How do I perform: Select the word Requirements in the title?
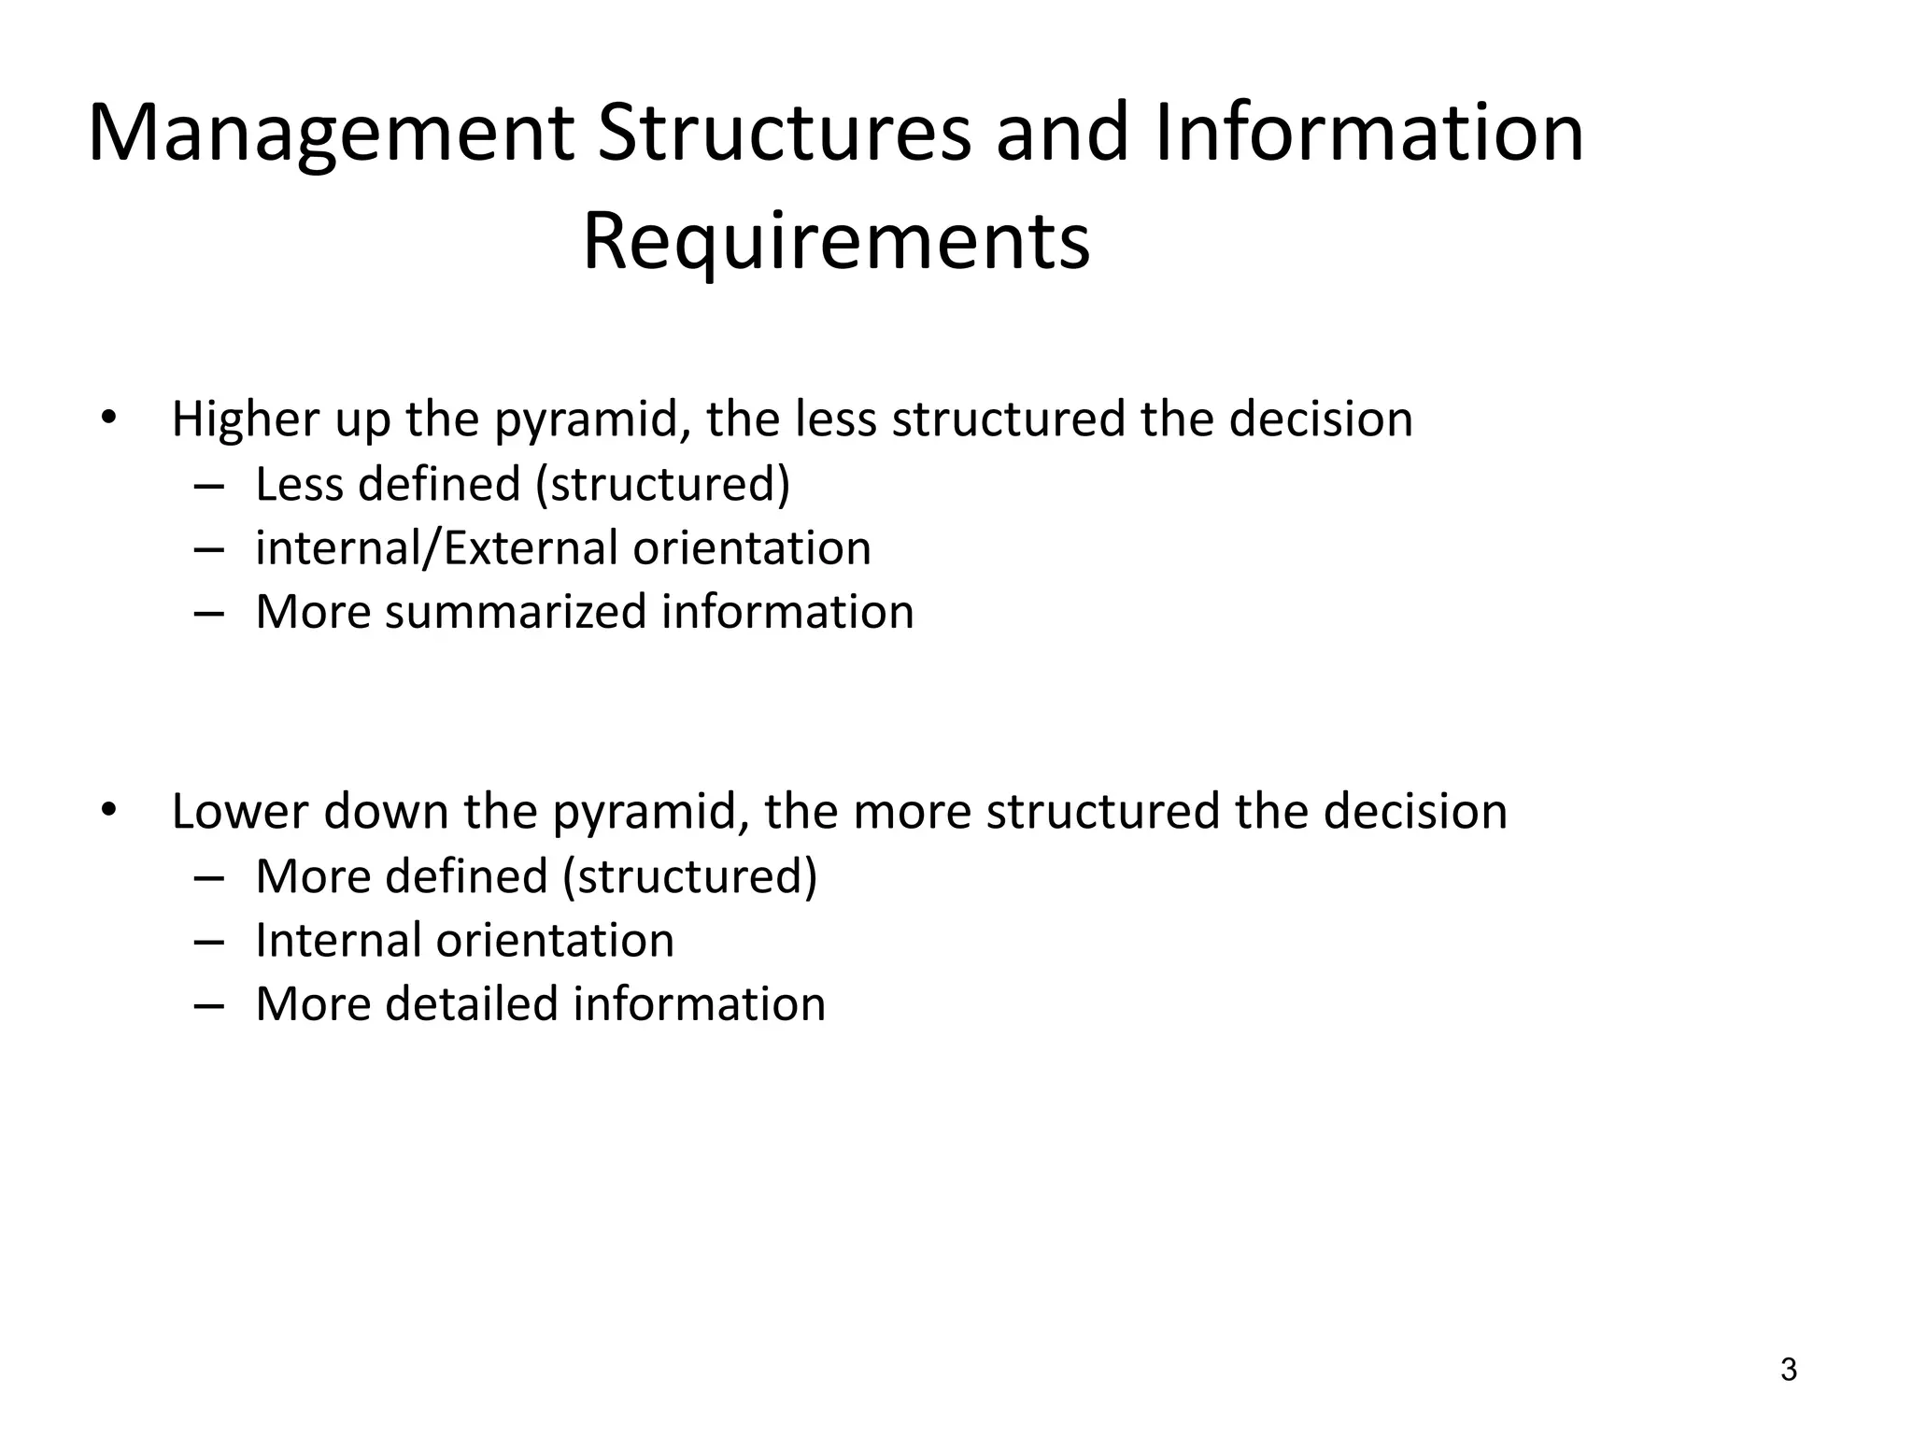click(x=836, y=242)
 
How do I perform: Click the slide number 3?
click(x=1788, y=1371)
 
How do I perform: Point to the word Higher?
click(x=246, y=419)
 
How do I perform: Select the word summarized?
click(x=515, y=612)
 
